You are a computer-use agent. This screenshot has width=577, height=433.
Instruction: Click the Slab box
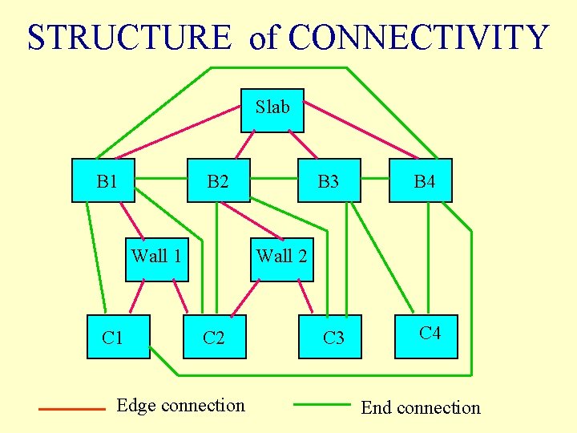pos(272,110)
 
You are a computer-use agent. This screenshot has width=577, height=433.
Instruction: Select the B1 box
pos(103,180)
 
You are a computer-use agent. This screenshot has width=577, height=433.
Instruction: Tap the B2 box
pos(218,180)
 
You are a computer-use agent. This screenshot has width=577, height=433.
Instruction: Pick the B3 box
pos(329,180)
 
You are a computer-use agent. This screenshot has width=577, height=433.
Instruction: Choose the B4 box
pos(425,180)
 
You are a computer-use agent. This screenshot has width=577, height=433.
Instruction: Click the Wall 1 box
pos(157,259)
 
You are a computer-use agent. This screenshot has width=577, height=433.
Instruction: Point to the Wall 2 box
pos(281,259)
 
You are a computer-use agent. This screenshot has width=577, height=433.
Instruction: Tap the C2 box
pos(214,337)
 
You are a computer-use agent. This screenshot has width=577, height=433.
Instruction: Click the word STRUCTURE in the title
pos(128,38)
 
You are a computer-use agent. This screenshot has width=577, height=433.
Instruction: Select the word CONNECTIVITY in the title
pos(418,38)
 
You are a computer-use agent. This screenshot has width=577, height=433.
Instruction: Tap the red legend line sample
pos(72,409)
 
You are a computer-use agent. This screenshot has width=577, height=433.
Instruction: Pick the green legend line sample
pos(322,405)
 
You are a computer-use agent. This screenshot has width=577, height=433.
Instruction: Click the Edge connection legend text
pos(181,405)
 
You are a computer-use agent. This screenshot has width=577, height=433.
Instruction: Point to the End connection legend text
pos(420,407)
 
